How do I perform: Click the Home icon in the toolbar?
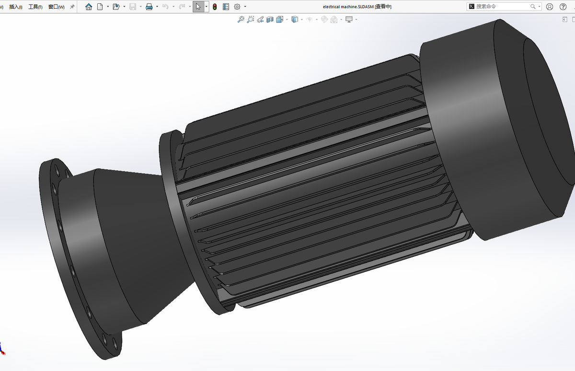(89, 7)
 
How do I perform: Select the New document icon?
(100, 7)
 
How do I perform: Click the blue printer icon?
(149, 7)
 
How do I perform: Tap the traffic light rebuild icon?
(215, 7)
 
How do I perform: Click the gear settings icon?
(237, 7)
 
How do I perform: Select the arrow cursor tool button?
(198, 7)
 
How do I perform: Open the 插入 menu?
(16, 7)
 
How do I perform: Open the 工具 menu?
(35, 7)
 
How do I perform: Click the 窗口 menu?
(56, 7)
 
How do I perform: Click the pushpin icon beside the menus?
(72, 7)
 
